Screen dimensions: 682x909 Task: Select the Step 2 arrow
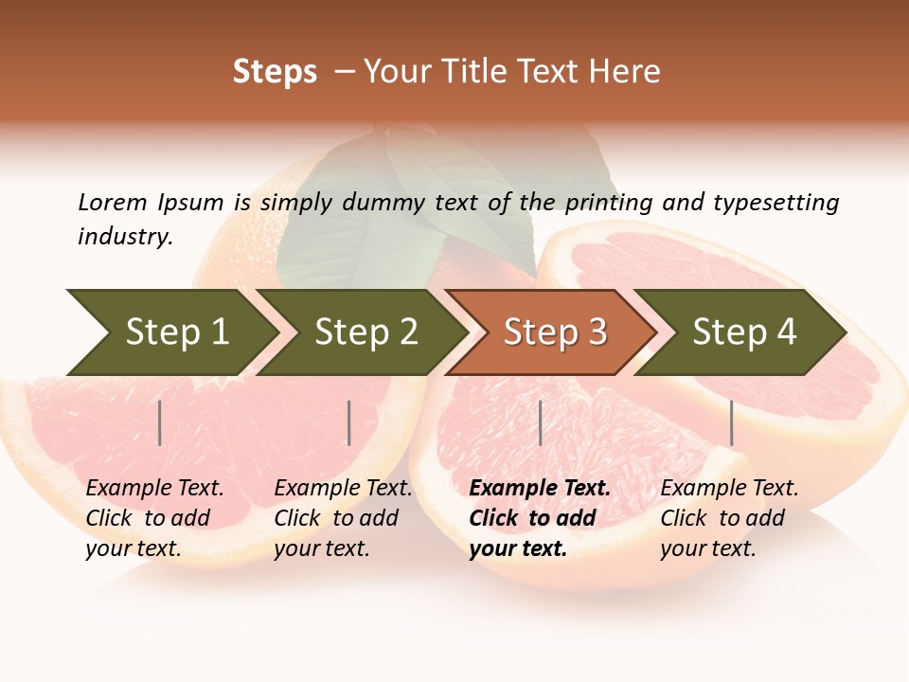365,332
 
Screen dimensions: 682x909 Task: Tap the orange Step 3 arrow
554,332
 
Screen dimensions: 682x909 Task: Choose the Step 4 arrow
743,332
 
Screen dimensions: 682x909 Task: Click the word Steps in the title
275,72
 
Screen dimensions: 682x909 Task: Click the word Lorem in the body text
112,202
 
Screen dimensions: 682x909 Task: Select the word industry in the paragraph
125,237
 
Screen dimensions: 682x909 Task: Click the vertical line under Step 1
159,422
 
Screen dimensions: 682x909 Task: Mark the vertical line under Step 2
349,422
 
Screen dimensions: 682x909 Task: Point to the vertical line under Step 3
540,422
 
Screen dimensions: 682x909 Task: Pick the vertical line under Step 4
731,422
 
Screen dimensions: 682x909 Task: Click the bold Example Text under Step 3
540,489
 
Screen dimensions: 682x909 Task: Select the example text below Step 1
154,518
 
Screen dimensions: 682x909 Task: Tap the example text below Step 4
729,518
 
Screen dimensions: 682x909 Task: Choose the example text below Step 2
343,518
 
